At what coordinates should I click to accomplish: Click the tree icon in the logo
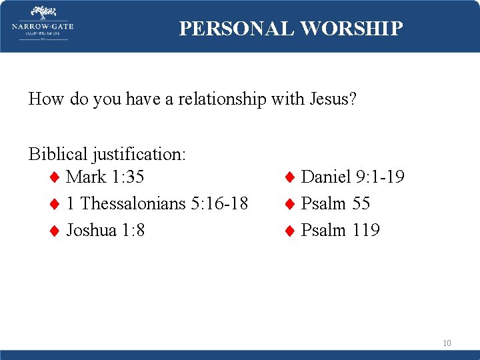[x=43, y=13]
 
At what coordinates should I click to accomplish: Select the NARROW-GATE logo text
[x=43, y=27]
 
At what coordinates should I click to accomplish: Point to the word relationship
[x=211, y=99]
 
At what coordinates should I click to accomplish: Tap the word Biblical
[x=57, y=154]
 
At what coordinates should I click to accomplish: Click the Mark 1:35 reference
[x=105, y=177]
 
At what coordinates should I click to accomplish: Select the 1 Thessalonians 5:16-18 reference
[x=157, y=203]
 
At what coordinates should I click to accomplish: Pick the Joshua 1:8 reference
[x=106, y=230]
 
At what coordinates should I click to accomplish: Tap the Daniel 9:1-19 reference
[x=353, y=177]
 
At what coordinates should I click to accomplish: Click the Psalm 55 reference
[x=335, y=203]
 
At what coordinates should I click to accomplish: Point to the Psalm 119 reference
[x=340, y=230]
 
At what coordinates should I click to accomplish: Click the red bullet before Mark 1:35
[x=55, y=177]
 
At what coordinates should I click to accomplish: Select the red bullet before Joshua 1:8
[x=55, y=231]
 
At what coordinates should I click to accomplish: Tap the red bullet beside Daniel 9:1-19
[x=290, y=177]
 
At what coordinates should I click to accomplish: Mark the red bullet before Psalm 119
[x=290, y=231]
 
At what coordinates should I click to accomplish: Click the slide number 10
[x=447, y=343]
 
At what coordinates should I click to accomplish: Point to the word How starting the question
[x=45, y=99]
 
